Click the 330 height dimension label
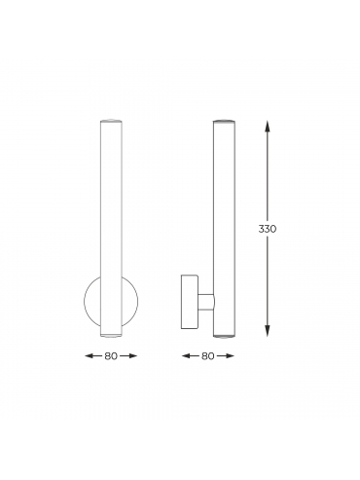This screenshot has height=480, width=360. [x=268, y=229]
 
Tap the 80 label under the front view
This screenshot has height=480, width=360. [x=111, y=356]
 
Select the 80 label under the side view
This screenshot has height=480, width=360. [x=208, y=356]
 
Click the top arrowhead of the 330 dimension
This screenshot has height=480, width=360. [x=268, y=127]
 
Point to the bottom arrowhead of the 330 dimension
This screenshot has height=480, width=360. [x=268, y=331]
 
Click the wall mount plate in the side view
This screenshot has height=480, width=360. [x=190, y=302]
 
